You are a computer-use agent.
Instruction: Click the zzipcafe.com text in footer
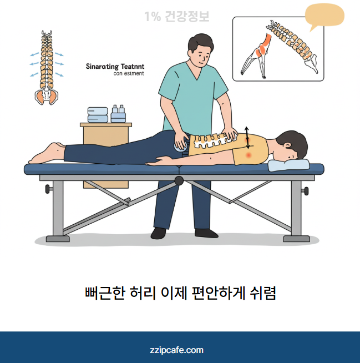coord(176,350)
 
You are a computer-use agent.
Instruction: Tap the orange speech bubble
coord(324,16)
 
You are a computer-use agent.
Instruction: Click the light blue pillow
coord(288,164)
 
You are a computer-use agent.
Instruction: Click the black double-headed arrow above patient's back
coord(247,138)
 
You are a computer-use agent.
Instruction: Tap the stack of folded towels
coord(98,114)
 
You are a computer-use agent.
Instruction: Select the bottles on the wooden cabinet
coord(118,114)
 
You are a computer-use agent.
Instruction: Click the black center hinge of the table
coord(179,180)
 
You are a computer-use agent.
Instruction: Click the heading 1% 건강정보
coord(176,17)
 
